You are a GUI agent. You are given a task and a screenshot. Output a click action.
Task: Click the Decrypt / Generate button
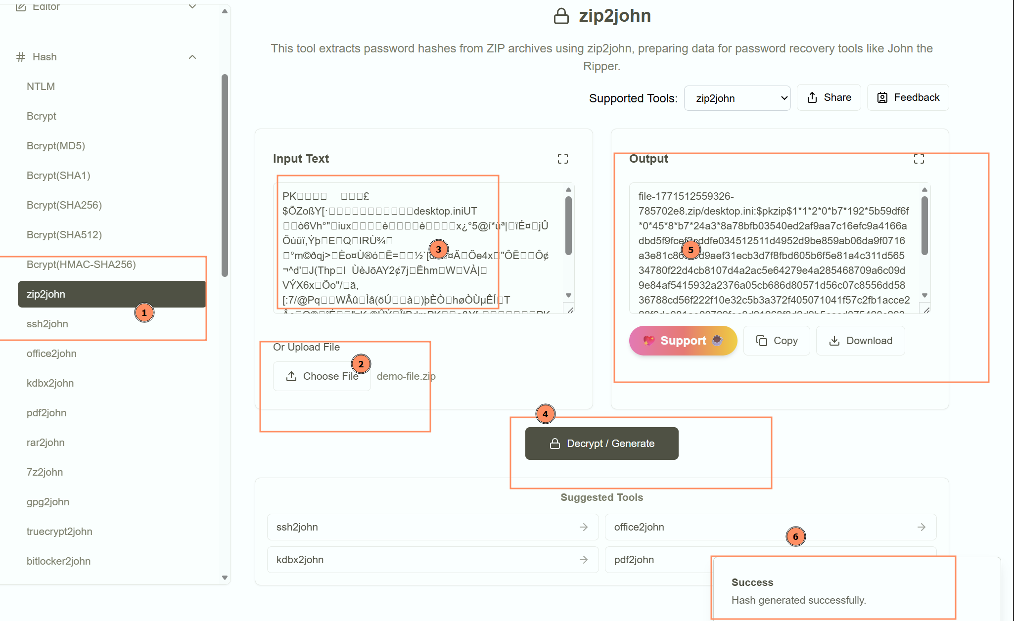click(x=601, y=444)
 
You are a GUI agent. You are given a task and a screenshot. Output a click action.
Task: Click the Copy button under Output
click(x=777, y=341)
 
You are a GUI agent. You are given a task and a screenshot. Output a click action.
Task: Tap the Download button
click(x=861, y=341)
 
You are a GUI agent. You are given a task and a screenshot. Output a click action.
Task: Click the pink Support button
click(x=683, y=341)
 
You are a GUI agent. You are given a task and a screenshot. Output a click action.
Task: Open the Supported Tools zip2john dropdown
click(x=737, y=98)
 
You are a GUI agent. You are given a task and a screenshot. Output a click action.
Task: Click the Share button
click(x=829, y=97)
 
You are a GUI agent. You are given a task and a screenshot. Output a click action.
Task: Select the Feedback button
click(x=908, y=97)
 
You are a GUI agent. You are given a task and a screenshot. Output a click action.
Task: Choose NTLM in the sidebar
click(x=41, y=87)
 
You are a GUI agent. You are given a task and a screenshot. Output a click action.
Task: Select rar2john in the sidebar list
click(x=46, y=443)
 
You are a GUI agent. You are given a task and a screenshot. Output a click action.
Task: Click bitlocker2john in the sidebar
click(x=58, y=561)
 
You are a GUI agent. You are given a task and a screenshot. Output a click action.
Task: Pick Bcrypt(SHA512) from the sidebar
click(x=64, y=235)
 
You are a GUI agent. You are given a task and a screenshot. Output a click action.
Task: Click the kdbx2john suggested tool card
click(x=432, y=560)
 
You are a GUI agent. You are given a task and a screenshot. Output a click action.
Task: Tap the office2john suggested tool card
click(x=770, y=527)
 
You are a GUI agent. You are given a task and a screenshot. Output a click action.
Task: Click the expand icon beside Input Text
click(x=563, y=159)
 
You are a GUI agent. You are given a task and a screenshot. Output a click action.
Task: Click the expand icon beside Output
click(x=919, y=159)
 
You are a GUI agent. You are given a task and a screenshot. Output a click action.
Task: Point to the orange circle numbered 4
click(x=545, y=414)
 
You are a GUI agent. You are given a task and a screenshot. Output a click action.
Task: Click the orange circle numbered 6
click(x=795, y=536)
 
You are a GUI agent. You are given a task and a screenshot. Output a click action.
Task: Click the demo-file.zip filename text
click(x=406, y=376)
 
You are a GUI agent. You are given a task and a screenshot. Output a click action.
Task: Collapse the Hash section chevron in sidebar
click(x=192, y=57)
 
